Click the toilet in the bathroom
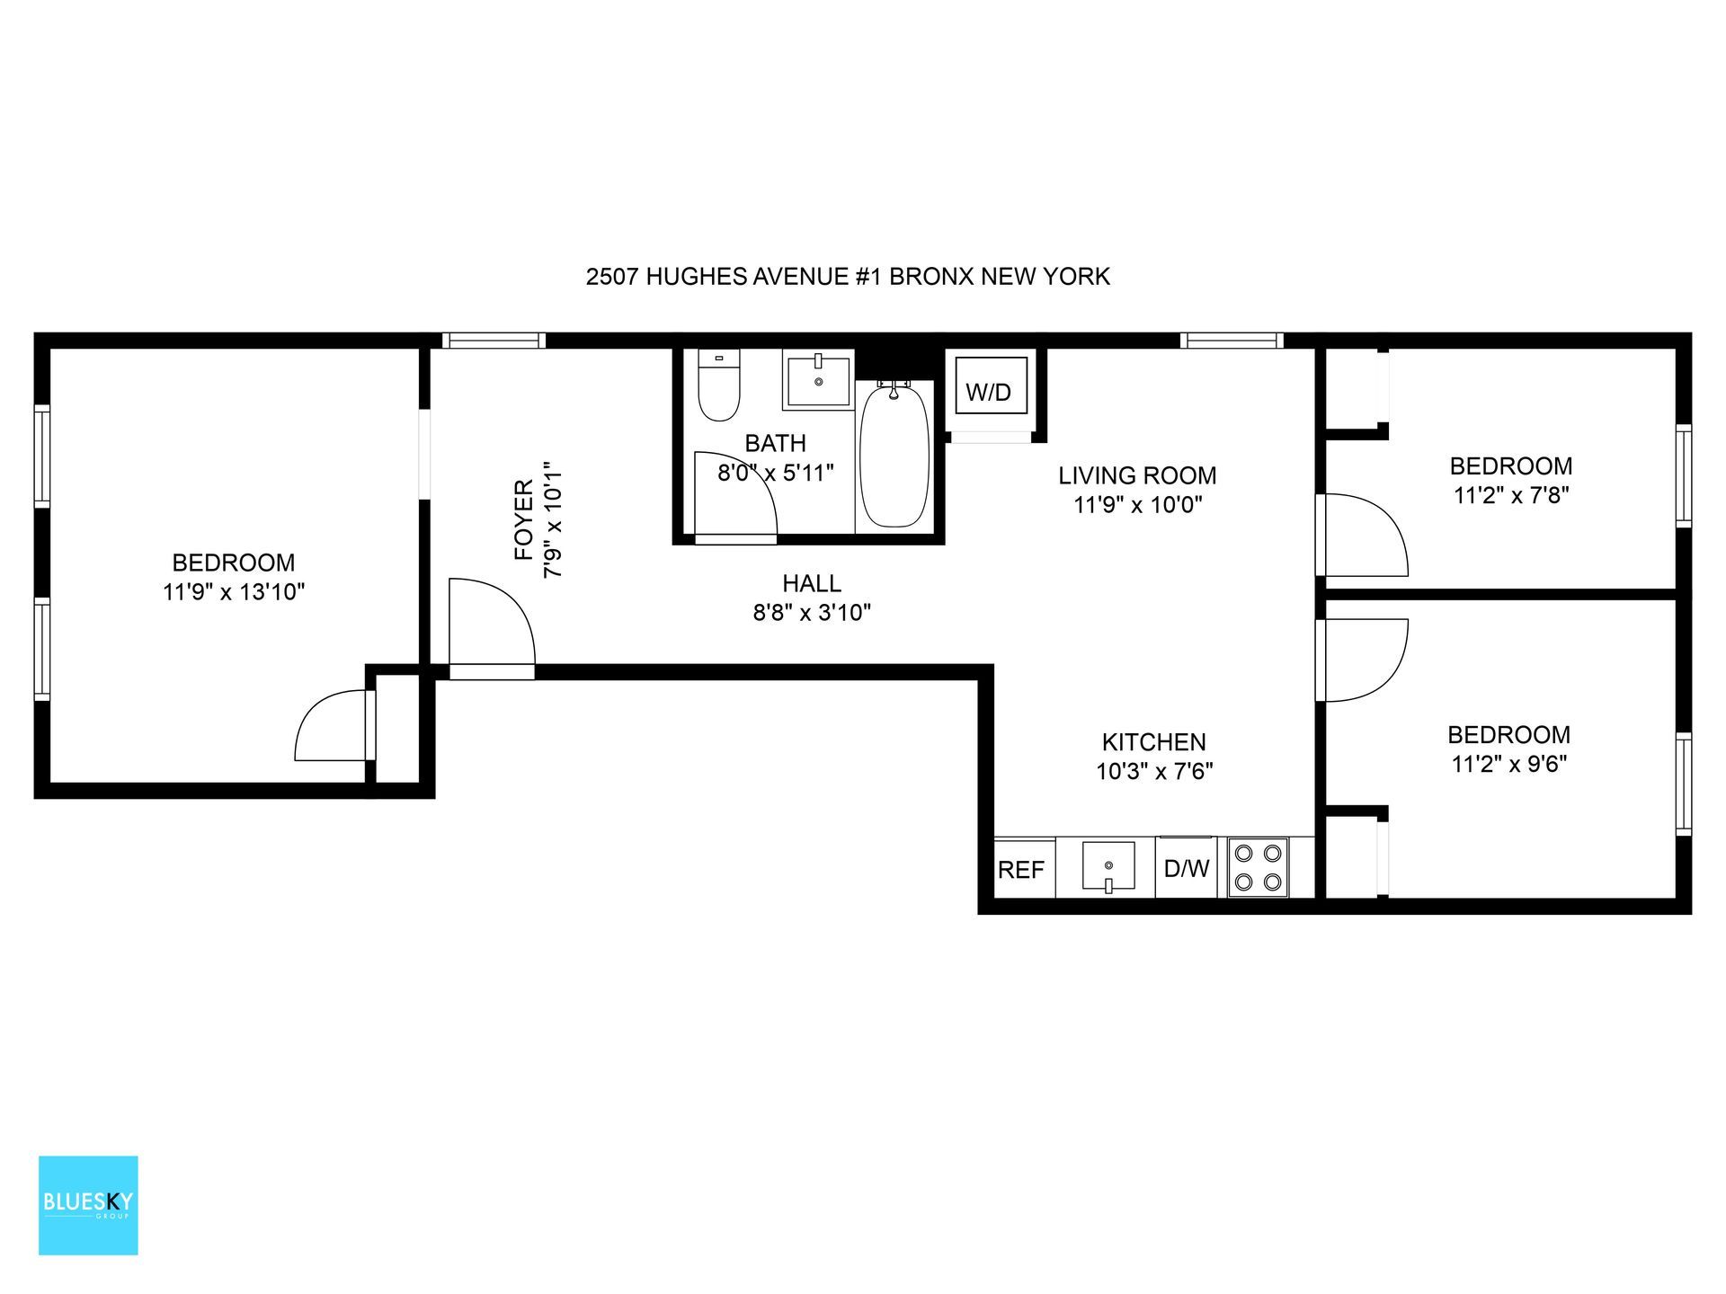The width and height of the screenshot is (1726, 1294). [718, 386]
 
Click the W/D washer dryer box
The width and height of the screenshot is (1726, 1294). [990, 392]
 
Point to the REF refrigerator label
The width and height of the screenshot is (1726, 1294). [1021, 870]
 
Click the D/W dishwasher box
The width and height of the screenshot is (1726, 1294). [1186, 868]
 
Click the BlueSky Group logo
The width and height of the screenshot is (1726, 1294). [88, 1205]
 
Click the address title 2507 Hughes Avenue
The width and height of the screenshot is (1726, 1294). [847, 277]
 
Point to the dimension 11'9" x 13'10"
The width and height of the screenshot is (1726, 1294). [234, 592]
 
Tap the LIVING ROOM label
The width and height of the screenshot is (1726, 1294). [1137, 475]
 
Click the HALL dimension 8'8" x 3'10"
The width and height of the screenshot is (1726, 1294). [812, 613]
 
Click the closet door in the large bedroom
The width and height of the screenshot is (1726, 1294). [331, 726]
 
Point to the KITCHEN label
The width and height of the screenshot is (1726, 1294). [1153, 742]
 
